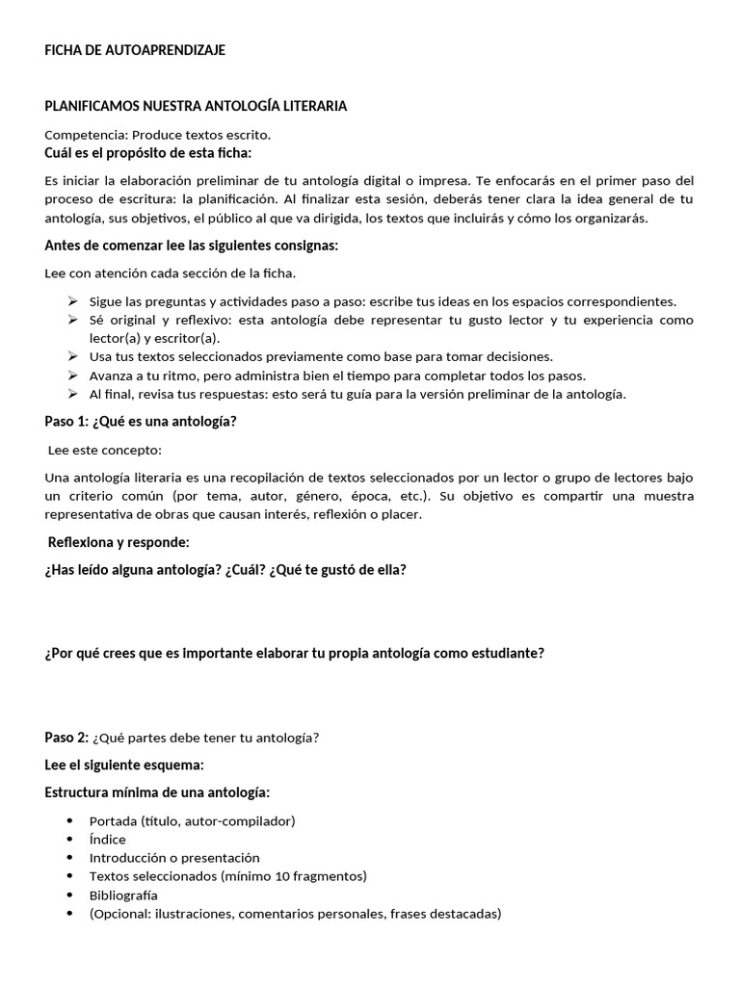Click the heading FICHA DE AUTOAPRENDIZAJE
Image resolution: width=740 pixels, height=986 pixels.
(x=135, y=50)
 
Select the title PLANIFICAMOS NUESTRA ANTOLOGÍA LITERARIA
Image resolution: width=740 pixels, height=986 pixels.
(x=196, y=106)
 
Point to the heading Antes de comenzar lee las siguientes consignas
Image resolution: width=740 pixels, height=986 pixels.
(x=192, y=246)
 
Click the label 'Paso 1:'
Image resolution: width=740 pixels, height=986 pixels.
(x=66, y=421)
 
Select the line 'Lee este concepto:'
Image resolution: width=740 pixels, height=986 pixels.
(x=105, y=450)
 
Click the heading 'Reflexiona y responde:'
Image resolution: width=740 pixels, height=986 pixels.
(x=119, y=542)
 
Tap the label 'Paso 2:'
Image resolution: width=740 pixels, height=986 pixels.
(x=66, y=738)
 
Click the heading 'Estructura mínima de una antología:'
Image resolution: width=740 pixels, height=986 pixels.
(x=157, y=792)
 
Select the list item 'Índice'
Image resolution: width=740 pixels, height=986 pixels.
(x=107, y=839)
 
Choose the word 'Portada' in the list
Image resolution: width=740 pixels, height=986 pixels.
(x=113, y=820)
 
